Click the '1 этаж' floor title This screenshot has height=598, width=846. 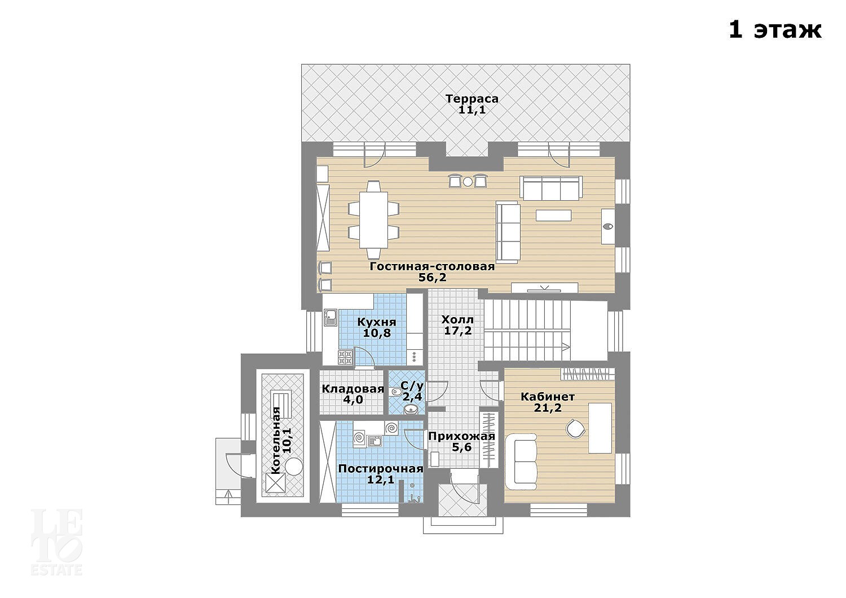775,30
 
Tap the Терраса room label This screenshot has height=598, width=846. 472,99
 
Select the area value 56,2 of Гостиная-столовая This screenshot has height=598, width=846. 433,277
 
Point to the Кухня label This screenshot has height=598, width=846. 377,322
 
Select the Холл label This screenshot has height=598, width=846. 457,320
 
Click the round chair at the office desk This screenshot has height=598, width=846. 575,429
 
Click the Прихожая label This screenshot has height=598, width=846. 461,436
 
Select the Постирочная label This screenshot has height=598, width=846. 380,469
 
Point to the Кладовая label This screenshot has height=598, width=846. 352,389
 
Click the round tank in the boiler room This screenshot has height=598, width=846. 293,466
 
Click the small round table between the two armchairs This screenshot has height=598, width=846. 468,182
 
